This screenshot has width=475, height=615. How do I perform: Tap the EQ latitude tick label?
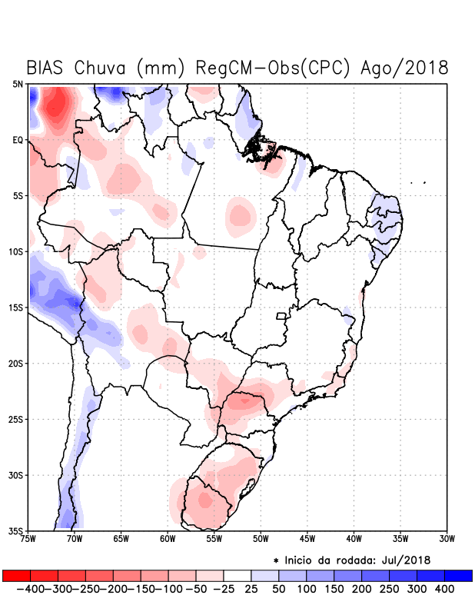18,140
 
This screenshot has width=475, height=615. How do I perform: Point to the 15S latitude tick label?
16,307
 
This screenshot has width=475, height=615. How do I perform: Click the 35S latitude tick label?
16,530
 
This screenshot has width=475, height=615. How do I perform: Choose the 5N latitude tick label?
18,85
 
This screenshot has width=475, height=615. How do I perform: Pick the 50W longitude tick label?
261,538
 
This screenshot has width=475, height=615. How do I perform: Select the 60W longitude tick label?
168,538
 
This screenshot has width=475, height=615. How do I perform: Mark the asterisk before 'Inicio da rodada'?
276,560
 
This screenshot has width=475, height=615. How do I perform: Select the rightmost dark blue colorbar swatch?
458,575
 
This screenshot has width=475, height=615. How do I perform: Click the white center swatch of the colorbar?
237,575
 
